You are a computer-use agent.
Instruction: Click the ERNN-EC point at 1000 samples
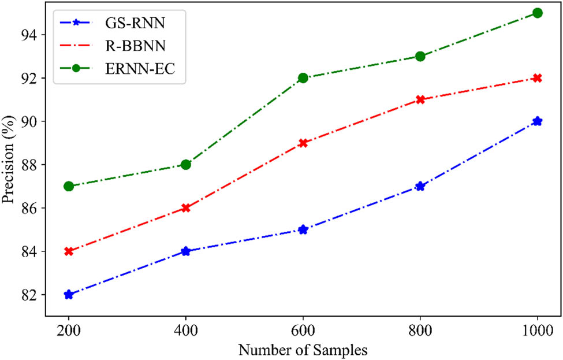[x=538, y=13]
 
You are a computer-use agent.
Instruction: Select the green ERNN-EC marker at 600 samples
[x=303, y=78]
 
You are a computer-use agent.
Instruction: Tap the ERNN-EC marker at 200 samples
[x=69, y=186]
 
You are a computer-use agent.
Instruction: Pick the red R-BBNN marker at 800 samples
[x=420, y=99]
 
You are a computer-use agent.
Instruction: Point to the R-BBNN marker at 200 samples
[x=69, y=251]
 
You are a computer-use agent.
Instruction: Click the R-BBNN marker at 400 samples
[x=186, y=208]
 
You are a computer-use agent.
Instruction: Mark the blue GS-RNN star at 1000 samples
[x=538, y=121]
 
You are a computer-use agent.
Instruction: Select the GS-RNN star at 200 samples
[x=69, y=295]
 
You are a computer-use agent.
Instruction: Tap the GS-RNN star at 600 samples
[x=303, y=229]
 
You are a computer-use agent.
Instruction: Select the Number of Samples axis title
[x=303, y=350]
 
